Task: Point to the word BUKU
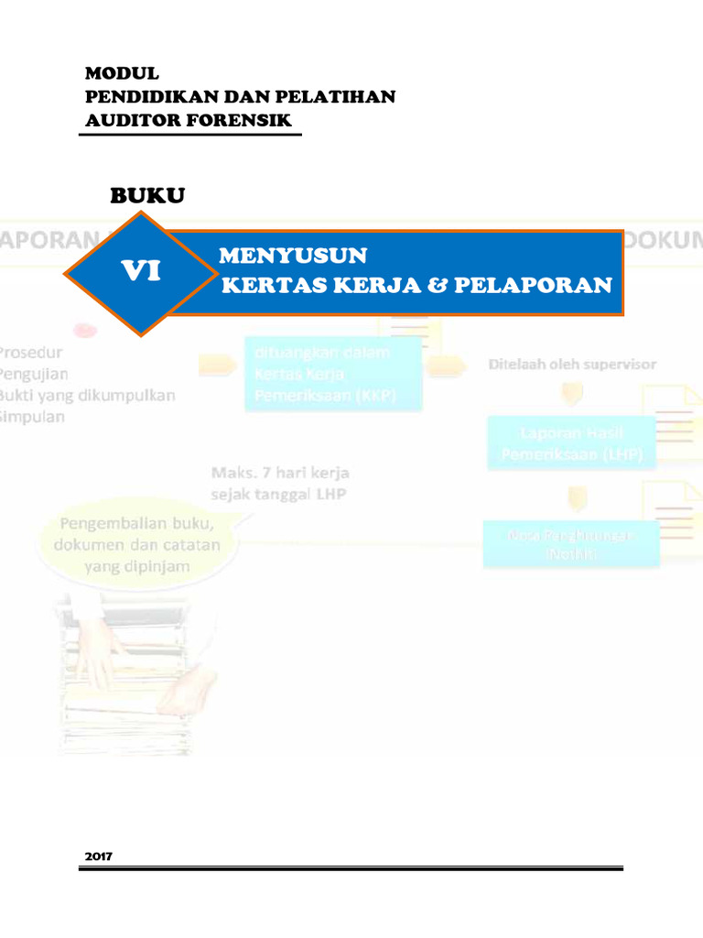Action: [147, 195]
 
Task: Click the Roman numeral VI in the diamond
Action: [142, 271]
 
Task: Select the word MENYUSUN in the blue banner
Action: [293, 256]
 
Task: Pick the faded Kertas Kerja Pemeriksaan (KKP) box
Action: [332, 373]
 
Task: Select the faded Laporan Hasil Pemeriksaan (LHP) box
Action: [571, 443]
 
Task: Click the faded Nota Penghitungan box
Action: [571, 543]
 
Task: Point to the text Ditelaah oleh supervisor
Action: [571, 365]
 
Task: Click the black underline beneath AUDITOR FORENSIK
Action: [190, 135]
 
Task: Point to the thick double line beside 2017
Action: [366, 867]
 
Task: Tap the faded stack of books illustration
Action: [137, 669]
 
